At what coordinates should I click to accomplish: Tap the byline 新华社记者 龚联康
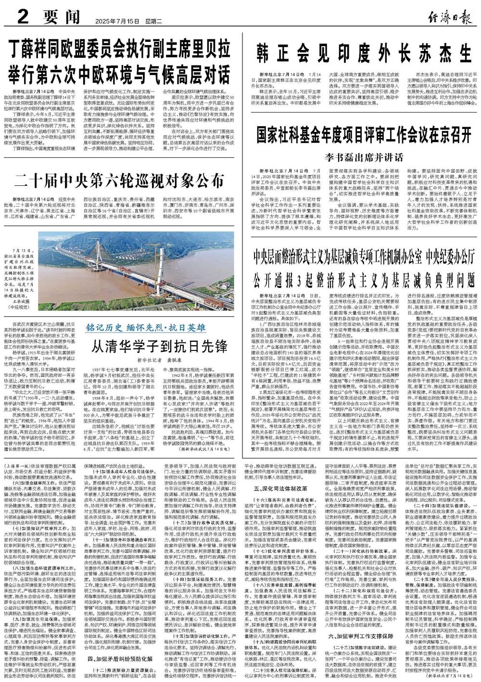coord(153,359)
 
